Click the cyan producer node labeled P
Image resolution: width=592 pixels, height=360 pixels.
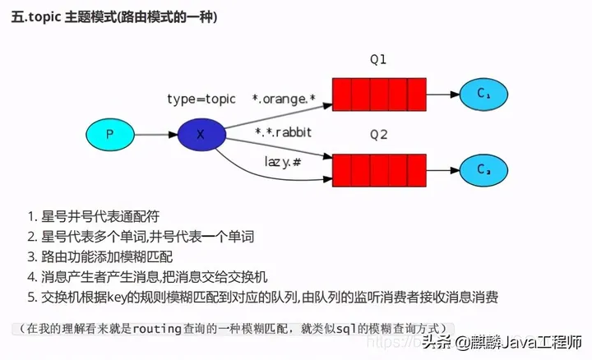[109, 132]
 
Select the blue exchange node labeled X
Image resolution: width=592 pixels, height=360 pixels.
[200, 132]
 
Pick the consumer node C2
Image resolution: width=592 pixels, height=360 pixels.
[483, 169]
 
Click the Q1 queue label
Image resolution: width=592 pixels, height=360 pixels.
[377, 60]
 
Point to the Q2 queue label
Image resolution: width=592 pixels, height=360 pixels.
[377, 135]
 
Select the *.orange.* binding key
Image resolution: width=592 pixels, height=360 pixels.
[284, 99]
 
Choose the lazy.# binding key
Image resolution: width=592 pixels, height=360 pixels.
[282, 161]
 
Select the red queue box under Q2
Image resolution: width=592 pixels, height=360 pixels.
[377, 169]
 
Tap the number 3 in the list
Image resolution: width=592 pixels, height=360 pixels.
[31, 256]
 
